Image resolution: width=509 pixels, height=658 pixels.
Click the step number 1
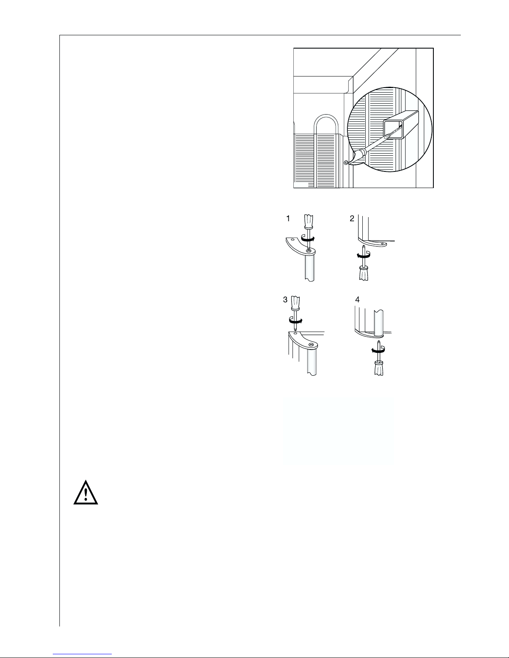click(288, 218)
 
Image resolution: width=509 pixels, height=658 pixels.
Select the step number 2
click(352, 219)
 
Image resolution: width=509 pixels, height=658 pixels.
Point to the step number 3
click(285, 300)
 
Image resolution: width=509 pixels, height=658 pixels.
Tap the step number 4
click(357, 300)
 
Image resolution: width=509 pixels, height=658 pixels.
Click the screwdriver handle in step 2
click(363, 272)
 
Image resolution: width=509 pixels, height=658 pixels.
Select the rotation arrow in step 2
click(363, 256)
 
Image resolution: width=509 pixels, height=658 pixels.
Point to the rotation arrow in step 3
click(295, 320)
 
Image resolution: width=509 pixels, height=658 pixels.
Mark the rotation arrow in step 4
click(379, 350)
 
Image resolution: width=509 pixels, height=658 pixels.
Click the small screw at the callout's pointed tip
click(346, 163)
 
